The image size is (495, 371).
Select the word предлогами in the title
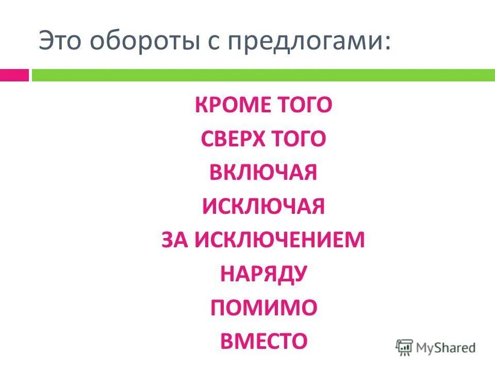[x=299, y=41]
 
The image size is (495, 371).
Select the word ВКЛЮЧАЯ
[x=263, y=173]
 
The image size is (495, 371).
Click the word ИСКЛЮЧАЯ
[x=263, y=207]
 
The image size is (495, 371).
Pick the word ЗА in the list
[x=174, y=240]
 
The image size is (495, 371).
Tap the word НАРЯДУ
[x=263, y=274]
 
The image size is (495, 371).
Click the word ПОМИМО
[x=263, y=307]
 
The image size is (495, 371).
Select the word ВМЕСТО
[x=263, y=341]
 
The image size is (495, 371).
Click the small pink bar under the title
[x=14, y=75]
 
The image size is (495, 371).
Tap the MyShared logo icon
[x=404, y=347]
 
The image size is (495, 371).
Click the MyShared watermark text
[x=446, y=348]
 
